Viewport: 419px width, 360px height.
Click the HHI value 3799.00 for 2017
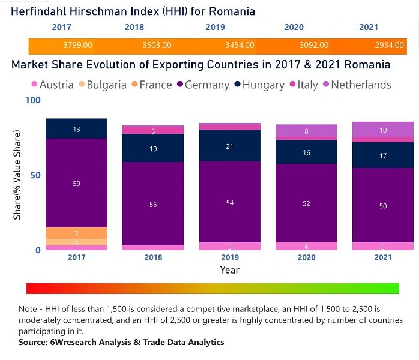click(x=77, y=46)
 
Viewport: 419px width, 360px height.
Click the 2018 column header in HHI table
click(x=134, y=27)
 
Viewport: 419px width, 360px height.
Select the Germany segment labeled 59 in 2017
click(x=76, y=183)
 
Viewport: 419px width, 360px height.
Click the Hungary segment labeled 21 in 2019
click(x=229, y=146)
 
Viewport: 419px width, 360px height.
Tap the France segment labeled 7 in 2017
click(x=76, y=233)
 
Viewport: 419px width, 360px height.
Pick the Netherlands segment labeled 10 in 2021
click(x=382, y=130)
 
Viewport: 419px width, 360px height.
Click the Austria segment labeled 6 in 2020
click(x=306, y=246)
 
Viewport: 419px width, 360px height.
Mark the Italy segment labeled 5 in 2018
click(x=152, y=130)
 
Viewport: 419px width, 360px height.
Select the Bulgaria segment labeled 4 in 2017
click(x=76, y=242)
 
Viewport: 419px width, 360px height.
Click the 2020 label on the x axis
click(x=306, y=257)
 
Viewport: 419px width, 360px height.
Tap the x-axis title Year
click(x=229, y=270)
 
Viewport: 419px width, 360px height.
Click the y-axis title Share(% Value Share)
click(x=17, y=174)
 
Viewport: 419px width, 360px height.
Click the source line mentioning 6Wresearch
click(x=121, y=342)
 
